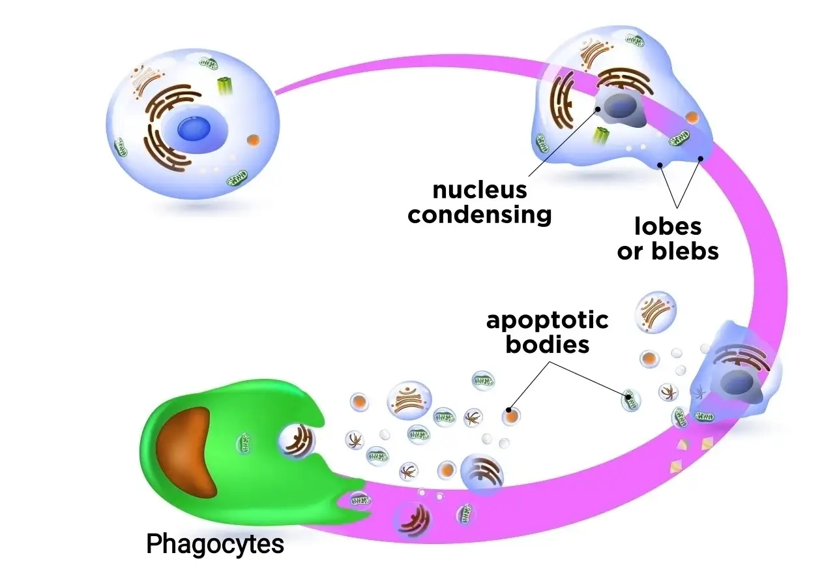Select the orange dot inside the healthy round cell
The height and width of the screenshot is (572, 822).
pos(253,139)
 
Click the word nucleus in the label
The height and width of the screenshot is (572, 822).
pos(480,190)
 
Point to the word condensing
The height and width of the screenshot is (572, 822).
pos(480,214)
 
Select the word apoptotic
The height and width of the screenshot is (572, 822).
pos(548,320)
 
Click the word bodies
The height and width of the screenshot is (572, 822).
pos(548,344)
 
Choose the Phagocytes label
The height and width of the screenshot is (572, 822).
pos(215,543)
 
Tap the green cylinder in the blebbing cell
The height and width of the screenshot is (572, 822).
pos(601,136)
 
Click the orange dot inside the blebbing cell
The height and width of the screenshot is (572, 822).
pos(692,117)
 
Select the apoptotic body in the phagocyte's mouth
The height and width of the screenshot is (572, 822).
pos(297,441)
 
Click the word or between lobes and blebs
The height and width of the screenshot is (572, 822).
pos(629,250)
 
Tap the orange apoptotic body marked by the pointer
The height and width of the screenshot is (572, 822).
pos(510,415)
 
